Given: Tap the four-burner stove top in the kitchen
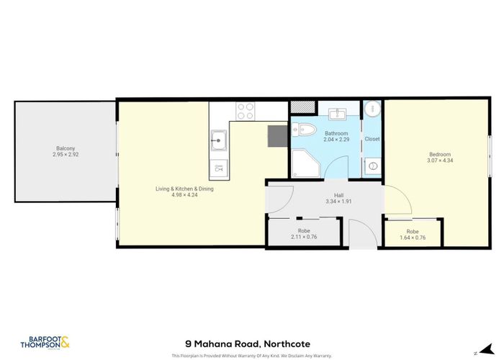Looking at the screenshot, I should click(x=246, y=111).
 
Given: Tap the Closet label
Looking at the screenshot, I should click(x=372, y=138).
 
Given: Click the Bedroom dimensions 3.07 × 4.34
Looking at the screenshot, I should click(x=440, y=160).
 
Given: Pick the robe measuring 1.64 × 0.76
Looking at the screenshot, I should click(x=413, y=233).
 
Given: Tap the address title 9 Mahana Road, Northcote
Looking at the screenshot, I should click(x=251, y=343).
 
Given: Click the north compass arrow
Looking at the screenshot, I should click(x=474, y=352).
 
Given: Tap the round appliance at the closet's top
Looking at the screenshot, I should click(x=372, y=109).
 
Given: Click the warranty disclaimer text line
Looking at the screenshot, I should click(x=251, y=356).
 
